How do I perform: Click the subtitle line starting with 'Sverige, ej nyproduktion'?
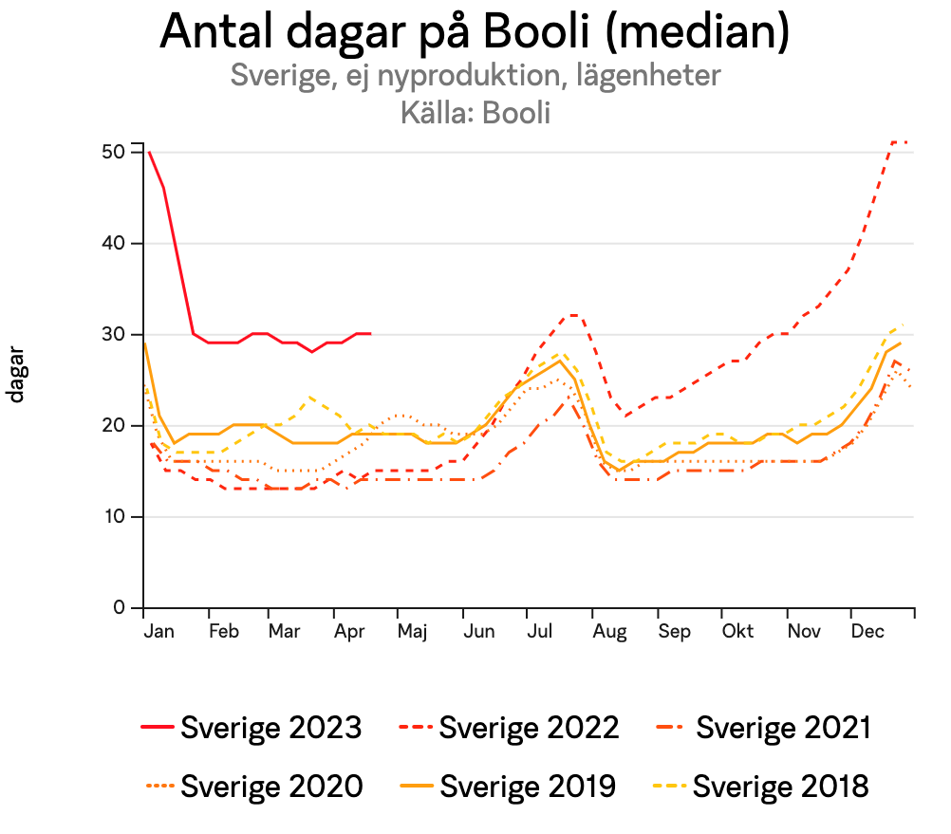(475, 75)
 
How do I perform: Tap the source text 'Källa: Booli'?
(475, 112)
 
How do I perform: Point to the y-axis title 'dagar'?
(16, 380)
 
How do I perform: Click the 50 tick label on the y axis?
(116, 152)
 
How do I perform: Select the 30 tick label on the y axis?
(116, 334)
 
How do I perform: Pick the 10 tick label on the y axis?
(116, 516)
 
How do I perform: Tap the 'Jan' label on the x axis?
(158, 632)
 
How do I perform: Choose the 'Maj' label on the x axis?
(412, 632)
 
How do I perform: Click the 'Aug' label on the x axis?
(607, 632)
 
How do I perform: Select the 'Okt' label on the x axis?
(737, 632)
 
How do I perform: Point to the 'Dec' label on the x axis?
(867, 632)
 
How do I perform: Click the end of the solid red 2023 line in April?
(370, 334)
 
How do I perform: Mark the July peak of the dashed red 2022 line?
(572, 315)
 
